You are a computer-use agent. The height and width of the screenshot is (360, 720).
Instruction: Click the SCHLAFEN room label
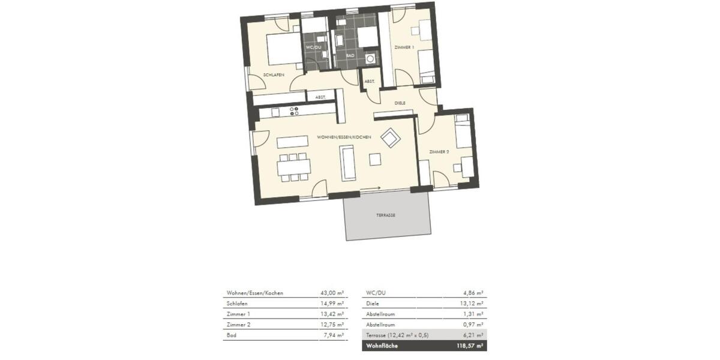(273, 74)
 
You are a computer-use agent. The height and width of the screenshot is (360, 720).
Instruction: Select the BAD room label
(350, 55)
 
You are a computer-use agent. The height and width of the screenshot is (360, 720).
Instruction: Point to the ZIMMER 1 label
(404, 47)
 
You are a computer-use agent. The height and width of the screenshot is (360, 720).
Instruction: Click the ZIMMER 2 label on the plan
(439, 153)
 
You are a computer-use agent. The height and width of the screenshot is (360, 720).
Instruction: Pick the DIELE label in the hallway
(400, 103)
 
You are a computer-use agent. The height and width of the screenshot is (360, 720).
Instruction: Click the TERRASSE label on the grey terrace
(386, 214)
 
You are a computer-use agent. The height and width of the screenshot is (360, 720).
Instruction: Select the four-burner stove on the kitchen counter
(295, 111)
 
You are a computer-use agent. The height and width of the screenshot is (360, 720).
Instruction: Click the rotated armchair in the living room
(391, 138)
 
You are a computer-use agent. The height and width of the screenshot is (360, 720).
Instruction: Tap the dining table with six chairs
(293, 166)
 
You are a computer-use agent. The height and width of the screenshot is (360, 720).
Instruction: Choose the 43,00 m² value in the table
(332, 293)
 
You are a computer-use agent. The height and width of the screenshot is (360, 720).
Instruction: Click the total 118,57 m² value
(471, 346)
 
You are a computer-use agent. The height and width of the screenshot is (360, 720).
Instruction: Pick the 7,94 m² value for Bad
(333, 335)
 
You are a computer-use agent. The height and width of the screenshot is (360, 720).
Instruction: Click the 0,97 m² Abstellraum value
(473, 325)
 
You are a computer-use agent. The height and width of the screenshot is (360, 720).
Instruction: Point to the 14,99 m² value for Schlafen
(332, 304)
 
